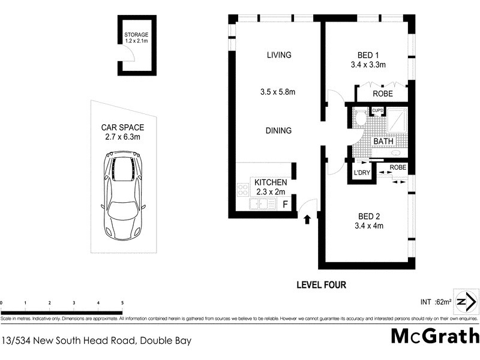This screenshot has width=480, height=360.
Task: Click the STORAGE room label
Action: tap(136, 35)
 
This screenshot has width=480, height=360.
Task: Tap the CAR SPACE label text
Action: tap(122, 127)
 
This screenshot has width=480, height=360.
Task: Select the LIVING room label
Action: tap(278, 55)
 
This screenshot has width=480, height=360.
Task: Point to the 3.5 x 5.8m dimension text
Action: tap(278, 92)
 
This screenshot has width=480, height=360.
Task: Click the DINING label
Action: tap(278, 131)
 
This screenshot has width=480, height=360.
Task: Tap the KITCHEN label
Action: tap(271, 182)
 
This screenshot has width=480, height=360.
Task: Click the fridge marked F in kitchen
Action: tap(286, 204)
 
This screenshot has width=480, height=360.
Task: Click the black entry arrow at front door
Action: tap(307, 220)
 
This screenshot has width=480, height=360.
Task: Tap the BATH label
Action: tap(383, 142)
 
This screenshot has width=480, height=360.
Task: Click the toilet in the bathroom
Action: tap(360, 118)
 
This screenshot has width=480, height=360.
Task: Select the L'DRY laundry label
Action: tap(362, 173)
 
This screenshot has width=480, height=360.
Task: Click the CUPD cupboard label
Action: tap(377, 110)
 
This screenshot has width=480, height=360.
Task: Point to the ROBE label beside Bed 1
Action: tap(383, 94)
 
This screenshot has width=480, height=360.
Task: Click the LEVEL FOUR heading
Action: tap(322, 285)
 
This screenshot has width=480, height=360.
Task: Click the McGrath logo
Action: tap(435, 336)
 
